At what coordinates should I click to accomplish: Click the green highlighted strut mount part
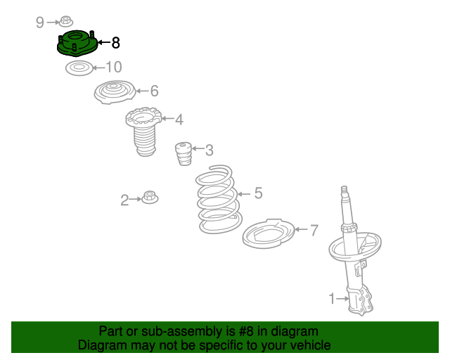[77, 43]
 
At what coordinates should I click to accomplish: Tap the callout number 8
[115, 43]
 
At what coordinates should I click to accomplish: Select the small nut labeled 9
[66, 22]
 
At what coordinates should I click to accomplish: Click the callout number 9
[40, 22]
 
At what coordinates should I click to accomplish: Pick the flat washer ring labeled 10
[79, 68]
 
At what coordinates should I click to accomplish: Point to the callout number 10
[114, 67]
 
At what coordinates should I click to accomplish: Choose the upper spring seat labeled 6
[115, 92]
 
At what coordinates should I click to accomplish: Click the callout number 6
[155, 91]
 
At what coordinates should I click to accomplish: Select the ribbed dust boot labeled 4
[143, 131]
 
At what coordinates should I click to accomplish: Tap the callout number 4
[179, 120]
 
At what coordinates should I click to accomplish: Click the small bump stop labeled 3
[184, 153]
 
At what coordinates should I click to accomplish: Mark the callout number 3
[210, 150]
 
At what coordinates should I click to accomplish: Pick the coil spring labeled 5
[219, 199]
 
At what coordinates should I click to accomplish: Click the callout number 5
[259, 193]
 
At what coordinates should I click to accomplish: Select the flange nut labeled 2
[150, 197]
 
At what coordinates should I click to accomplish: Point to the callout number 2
[124, 200]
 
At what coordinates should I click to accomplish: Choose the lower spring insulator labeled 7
[269, 233]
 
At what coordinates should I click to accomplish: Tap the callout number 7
[314, 230]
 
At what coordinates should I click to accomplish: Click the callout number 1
[332, 299]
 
